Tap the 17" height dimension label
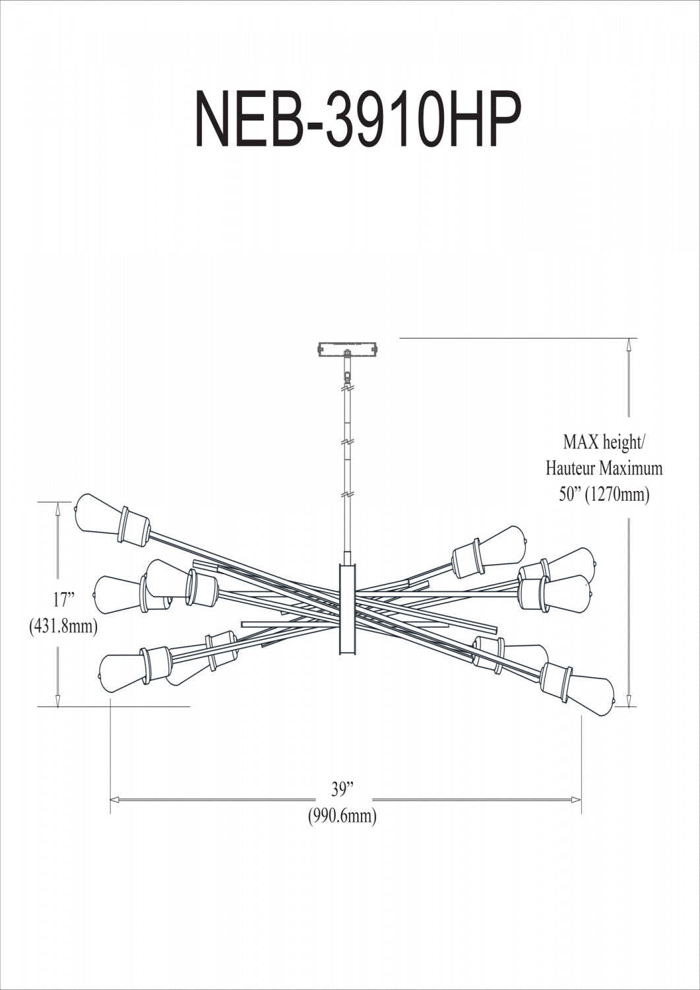(64, 600)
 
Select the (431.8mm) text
(63, 626)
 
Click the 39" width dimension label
(342, 789)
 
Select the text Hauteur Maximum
(604, 468)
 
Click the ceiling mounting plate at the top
(348, 348)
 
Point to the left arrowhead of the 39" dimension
(114, 800)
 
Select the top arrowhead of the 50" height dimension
(630, 344)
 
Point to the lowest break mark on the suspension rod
(345, 494)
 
